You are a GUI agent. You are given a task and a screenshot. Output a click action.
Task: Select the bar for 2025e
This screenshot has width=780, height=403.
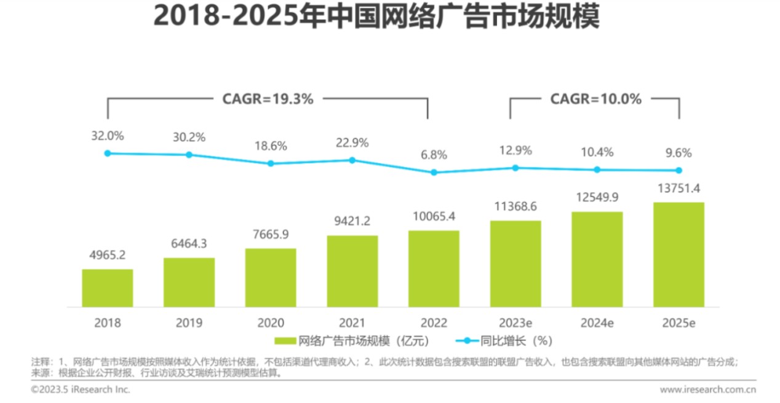click(679, 254)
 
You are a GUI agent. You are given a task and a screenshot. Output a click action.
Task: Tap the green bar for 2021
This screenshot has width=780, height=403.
click(352, 271)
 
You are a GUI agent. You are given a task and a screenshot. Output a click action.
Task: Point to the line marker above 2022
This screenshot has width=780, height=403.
click(434, 173)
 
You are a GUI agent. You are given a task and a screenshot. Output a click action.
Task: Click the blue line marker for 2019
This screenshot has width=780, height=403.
click(189, 155)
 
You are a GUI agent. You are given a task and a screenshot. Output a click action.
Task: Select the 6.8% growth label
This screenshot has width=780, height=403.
click(434, 155)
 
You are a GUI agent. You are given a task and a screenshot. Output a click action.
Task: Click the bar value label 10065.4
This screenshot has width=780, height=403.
click(434, 216)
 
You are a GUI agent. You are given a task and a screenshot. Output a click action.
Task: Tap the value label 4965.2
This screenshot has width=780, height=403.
click(108, 255)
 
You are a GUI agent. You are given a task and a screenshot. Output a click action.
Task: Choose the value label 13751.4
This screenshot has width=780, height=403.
click(679, 188)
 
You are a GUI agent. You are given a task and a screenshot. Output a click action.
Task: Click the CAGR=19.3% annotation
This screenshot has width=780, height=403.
click(268, 99)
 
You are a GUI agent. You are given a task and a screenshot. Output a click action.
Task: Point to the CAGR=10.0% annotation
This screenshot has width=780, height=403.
click(595, 99)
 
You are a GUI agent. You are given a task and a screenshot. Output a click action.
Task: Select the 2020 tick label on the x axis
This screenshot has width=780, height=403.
click(271, 323)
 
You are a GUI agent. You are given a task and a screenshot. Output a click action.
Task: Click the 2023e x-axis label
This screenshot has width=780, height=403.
click(515, 323)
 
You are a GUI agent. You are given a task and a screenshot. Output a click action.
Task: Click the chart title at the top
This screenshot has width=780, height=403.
click(375, 17)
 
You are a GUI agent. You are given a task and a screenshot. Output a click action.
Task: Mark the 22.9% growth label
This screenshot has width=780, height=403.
click(352, 143)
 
